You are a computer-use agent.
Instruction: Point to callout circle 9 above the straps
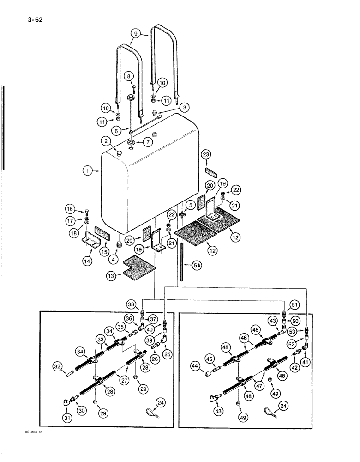134,33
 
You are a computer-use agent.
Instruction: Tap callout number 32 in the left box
57,367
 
